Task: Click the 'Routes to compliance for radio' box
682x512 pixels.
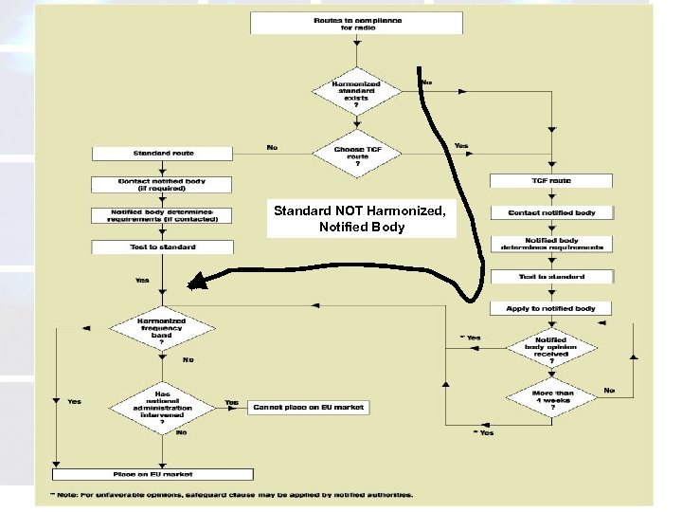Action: pyautogui.click(x=357, y=23)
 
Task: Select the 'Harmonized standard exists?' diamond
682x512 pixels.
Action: pyautogui.click(x=356, y=91)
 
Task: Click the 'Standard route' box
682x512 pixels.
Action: pyautogui.click(x=162, y=153)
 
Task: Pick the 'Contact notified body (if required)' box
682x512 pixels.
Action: pyautogui.click(x=162, y=183)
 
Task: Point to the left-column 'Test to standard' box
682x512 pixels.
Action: pyautogui.click(x=162, y=247)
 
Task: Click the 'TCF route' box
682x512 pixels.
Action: pyautogui.click(x=550, y=180)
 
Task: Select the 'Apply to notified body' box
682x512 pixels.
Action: pyautogui.click(x=550, y=309)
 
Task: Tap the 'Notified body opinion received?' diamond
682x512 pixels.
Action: pyautogui.click(x=550, y=346)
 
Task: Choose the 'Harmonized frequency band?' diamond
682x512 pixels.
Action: pyautogui.click(x=162, y=328)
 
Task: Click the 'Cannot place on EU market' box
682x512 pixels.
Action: pyautogui.click(x=309, y=408)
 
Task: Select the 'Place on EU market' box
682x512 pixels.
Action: pyautogui.click(x=153, y=473)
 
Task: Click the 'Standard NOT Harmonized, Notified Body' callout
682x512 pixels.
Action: pyautogui.click(x=360, y=218)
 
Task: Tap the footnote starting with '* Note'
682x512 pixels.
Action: pyautogui.click(x=232, y=493)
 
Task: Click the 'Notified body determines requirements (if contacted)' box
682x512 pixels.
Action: pyautogui.click(x=162, y=214)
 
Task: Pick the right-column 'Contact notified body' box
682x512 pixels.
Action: pyautogui.click(x=550, y=212)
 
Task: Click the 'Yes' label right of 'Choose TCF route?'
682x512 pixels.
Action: pyautogui.click(x=461, y=146)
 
